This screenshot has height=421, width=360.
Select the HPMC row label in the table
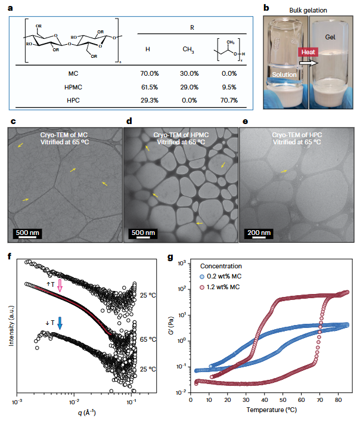tap(73, 87)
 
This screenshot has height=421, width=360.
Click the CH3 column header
tap(188, 49)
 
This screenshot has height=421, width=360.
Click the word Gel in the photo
tap(331, 38)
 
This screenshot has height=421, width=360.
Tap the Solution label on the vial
tap(284, 75)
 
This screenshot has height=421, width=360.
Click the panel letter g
tap(171, 257)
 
